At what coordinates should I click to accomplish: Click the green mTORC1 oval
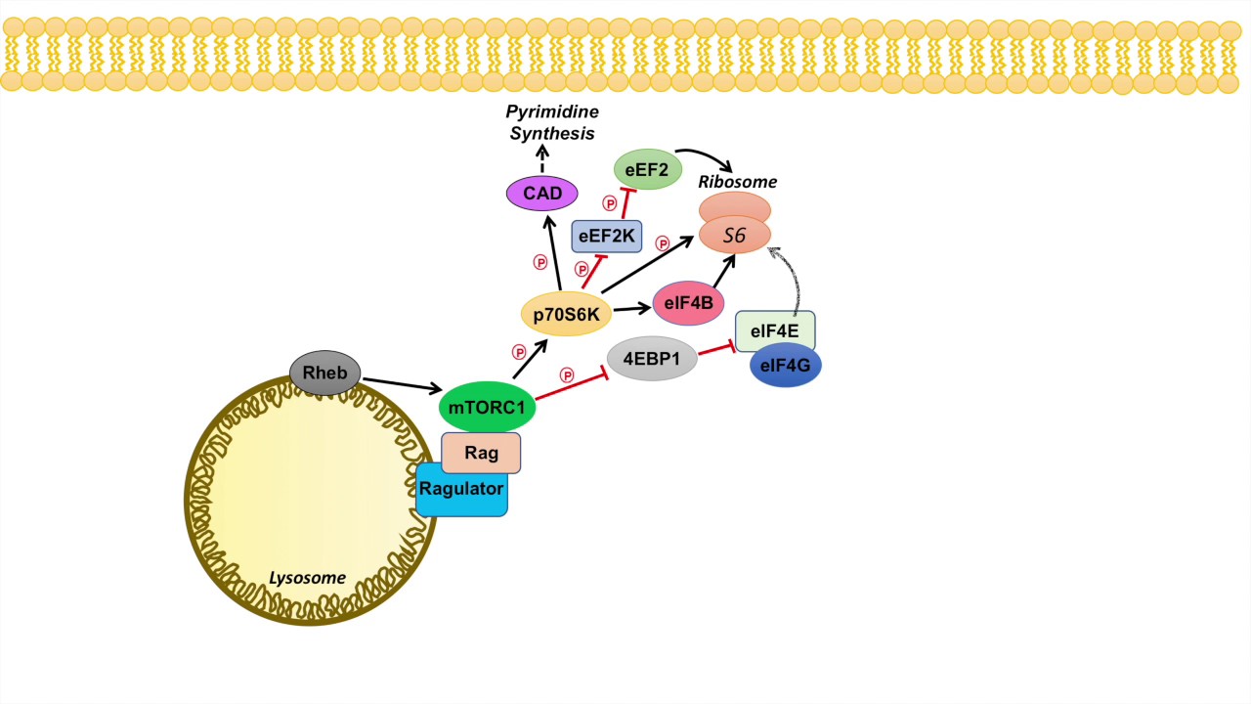pos(487,407)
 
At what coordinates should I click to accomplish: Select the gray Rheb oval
pos(325,374)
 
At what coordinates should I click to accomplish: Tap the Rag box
pos(481,453)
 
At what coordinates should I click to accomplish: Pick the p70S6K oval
pos(566,314)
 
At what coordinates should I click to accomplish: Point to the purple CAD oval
pos(542,194)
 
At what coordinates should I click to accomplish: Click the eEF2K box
pos(606,237)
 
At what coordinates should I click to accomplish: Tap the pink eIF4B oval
pos(688,304)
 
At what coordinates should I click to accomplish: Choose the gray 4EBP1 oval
pos(652,359)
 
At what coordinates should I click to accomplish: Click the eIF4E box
pos(775,331)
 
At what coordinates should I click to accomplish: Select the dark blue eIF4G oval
pos(786,366)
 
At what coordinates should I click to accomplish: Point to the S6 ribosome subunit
pos(735,236)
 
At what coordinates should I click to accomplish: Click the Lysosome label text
pos(307,578)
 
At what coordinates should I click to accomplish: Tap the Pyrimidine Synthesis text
pos(552,122)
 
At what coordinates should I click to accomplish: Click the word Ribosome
pos(737,182)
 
